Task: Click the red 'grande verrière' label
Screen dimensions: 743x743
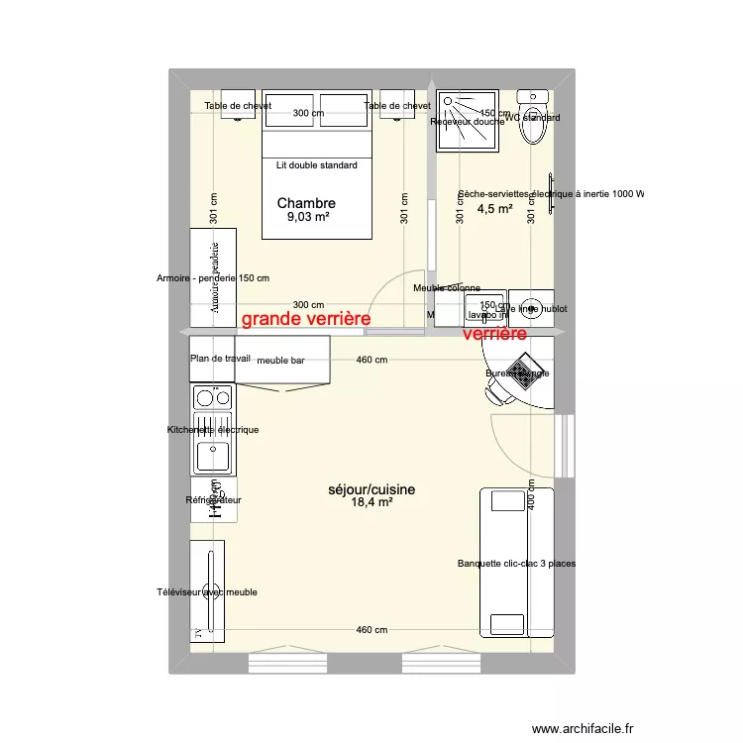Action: [x=306, y=319]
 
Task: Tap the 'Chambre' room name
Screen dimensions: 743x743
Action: [x=306, y=203]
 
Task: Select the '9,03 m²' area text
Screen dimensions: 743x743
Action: [x=308, y=218]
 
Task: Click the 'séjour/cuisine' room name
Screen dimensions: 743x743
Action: [x=371, y=489]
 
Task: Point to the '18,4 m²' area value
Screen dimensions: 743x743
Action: [x=371, y=503]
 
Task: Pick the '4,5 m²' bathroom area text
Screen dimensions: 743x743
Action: [x=494, y=209]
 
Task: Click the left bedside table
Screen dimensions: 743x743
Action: [x=238, y=110]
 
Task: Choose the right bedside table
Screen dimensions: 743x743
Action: [x=396, y=110]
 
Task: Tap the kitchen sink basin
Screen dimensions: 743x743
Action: [x=213, y=457]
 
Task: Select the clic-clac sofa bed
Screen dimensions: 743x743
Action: [x=515, y=562]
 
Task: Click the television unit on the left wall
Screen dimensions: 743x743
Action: [x=207, y=591]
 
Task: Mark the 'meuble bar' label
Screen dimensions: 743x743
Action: [x=279, y=361]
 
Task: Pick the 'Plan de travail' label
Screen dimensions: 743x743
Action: [x=220, y=358]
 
